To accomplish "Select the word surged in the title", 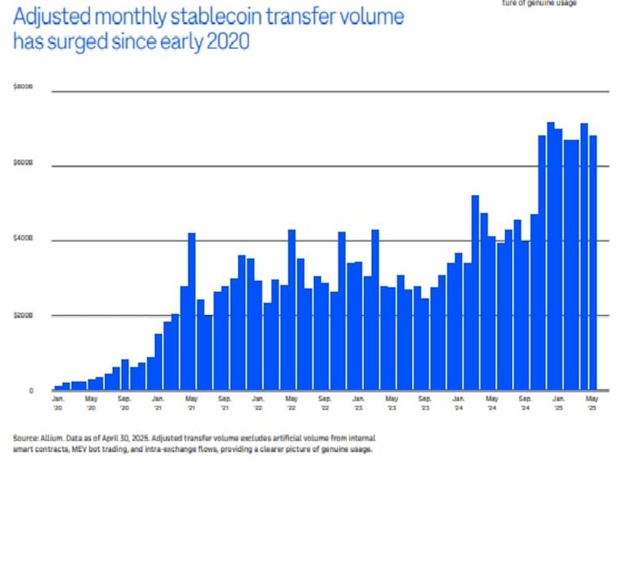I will [x=82, y=42].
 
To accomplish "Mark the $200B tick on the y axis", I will [x=23, y=316].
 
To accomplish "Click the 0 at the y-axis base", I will [x=31, y=390].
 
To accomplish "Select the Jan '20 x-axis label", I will [x=58, y=404].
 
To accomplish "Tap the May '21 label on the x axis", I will [x=191, y=404].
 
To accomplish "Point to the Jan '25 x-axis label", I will [x=558, y=404].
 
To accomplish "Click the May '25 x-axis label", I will [x=592, y=404].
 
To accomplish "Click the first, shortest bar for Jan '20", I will [x=58, y=388].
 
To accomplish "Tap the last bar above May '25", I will [x=592, y=263].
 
